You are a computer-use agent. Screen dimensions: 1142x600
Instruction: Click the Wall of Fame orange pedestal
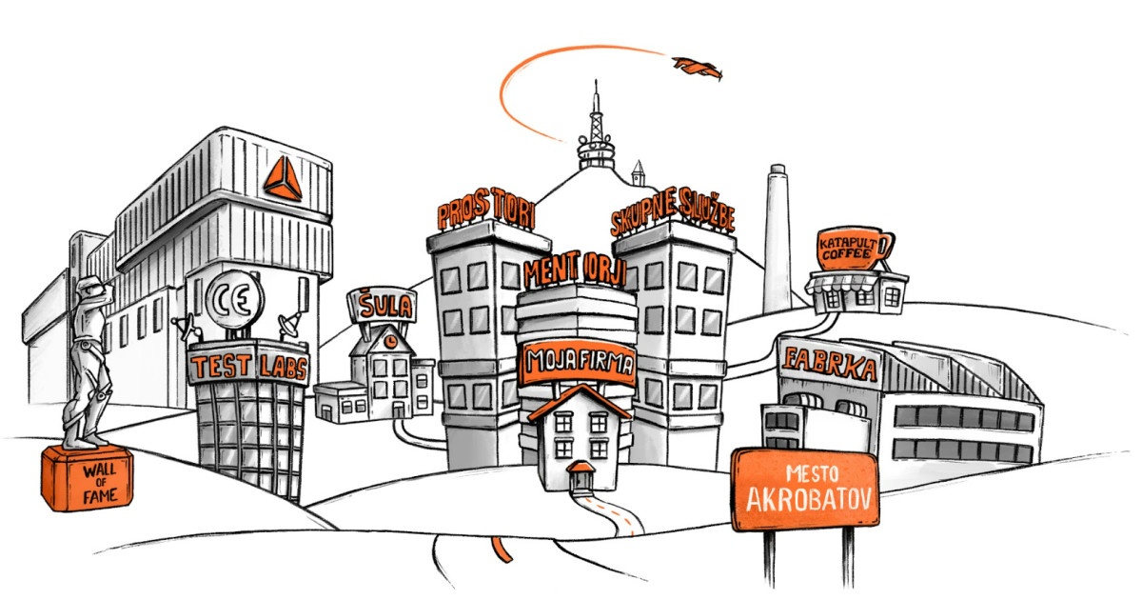click(x=88, y=478)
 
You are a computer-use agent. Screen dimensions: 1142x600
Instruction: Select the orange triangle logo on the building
click(x=283, y=179)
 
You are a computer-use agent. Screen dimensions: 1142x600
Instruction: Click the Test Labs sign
click(x=248, y=364)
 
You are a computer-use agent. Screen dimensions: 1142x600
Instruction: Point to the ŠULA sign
click(x=383, y=306)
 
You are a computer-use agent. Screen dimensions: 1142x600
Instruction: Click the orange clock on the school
click(x=390, y=341)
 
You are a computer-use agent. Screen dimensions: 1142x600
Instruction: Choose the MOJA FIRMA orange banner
click(x=578, y=362)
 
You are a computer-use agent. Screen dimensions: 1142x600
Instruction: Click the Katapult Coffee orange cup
click(x=853, y=248)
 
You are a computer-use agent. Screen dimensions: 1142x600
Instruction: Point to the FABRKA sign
click(x=830, y=363)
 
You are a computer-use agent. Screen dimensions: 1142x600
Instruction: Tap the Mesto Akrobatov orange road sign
click(x=805, y=490)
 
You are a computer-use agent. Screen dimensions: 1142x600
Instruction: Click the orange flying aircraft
click(x=698, y=69)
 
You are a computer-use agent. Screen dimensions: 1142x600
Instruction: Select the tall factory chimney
click(x=777, y=239)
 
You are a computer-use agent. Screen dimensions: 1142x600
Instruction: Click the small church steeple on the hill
click(x=638, y=173)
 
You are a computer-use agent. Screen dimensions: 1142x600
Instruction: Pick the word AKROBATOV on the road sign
click(x=809, y=500)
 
